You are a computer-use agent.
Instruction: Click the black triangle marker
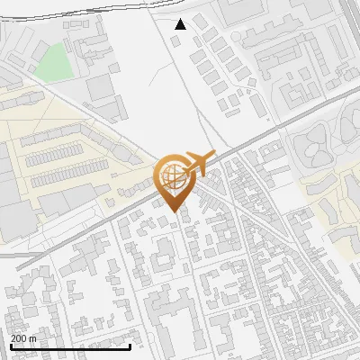tap(181, 23)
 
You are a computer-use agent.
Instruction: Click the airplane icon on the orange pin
tap(198, 163)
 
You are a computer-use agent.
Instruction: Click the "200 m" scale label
tap(23, 337)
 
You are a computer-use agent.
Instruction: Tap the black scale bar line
tap(72, 346)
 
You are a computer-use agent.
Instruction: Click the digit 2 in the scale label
tap(13, 337)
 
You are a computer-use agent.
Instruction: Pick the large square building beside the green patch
tap(101, 86)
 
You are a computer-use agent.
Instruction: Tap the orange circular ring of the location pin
tap(158, 175)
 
